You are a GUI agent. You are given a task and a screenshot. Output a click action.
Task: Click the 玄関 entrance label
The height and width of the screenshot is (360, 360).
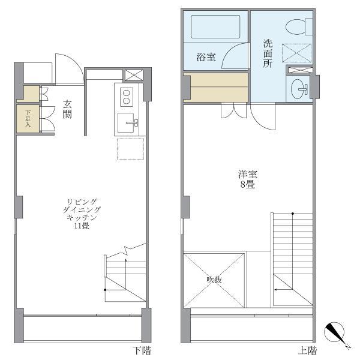tap(67, 108)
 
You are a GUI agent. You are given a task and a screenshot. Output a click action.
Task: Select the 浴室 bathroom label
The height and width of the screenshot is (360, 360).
tap(206, 58)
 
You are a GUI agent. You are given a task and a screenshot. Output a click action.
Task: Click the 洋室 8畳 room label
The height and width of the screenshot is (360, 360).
tap(247, 179)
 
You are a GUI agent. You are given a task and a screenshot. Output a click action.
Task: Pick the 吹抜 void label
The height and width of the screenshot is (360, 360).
tap(215, 280)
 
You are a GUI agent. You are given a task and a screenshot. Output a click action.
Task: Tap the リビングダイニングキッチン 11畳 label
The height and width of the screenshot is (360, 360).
tap(82, 214)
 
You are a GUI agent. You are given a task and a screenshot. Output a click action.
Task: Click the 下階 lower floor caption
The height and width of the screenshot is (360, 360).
tap(142, 350)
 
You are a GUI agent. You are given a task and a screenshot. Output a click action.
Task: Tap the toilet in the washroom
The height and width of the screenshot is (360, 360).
tap(298, 27)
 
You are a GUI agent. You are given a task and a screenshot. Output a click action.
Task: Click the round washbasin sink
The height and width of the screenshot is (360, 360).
tap(298, 89)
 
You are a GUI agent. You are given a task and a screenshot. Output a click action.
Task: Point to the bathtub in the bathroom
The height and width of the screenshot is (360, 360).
tap(215, 26)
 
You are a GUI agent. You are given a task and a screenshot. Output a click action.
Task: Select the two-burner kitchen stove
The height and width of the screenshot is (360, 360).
tap(127, 95)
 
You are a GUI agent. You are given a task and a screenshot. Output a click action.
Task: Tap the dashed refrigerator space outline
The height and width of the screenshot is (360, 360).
tap(130, 148)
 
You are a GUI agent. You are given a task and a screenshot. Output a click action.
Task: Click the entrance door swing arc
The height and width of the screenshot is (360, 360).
tap(68, 67)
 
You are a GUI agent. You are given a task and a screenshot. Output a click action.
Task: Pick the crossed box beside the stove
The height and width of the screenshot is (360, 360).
tap(133, 76)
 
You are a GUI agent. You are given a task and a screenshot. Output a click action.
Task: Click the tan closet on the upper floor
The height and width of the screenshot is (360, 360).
tap(215, 88)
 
